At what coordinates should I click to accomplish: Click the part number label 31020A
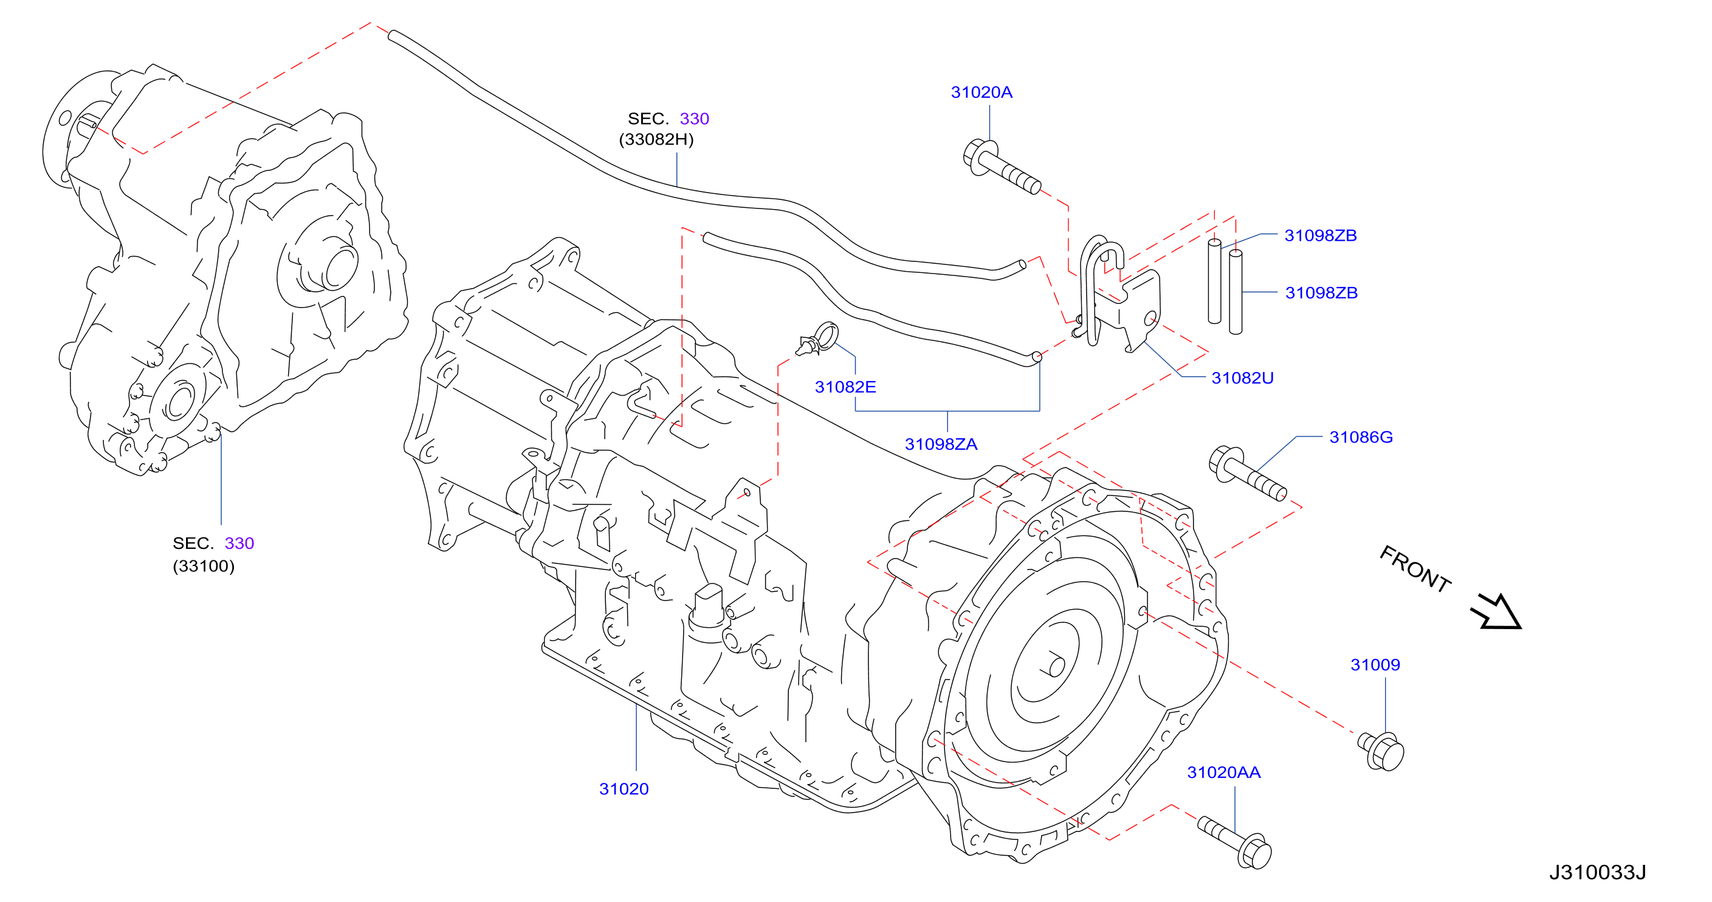coord(981,92)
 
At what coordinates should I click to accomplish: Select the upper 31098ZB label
coord(1320,235)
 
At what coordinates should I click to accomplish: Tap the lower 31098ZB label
coord(1321,292)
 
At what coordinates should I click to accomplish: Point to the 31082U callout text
coord(1242,377)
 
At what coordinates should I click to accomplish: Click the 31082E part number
coord(845,387)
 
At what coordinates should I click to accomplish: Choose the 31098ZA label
coord(941,444)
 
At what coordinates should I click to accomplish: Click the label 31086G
coord(1361,436)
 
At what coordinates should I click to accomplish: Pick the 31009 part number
coord(1375,665)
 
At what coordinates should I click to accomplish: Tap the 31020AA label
coord(1223,773)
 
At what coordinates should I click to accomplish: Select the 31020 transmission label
coord(624,789)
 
